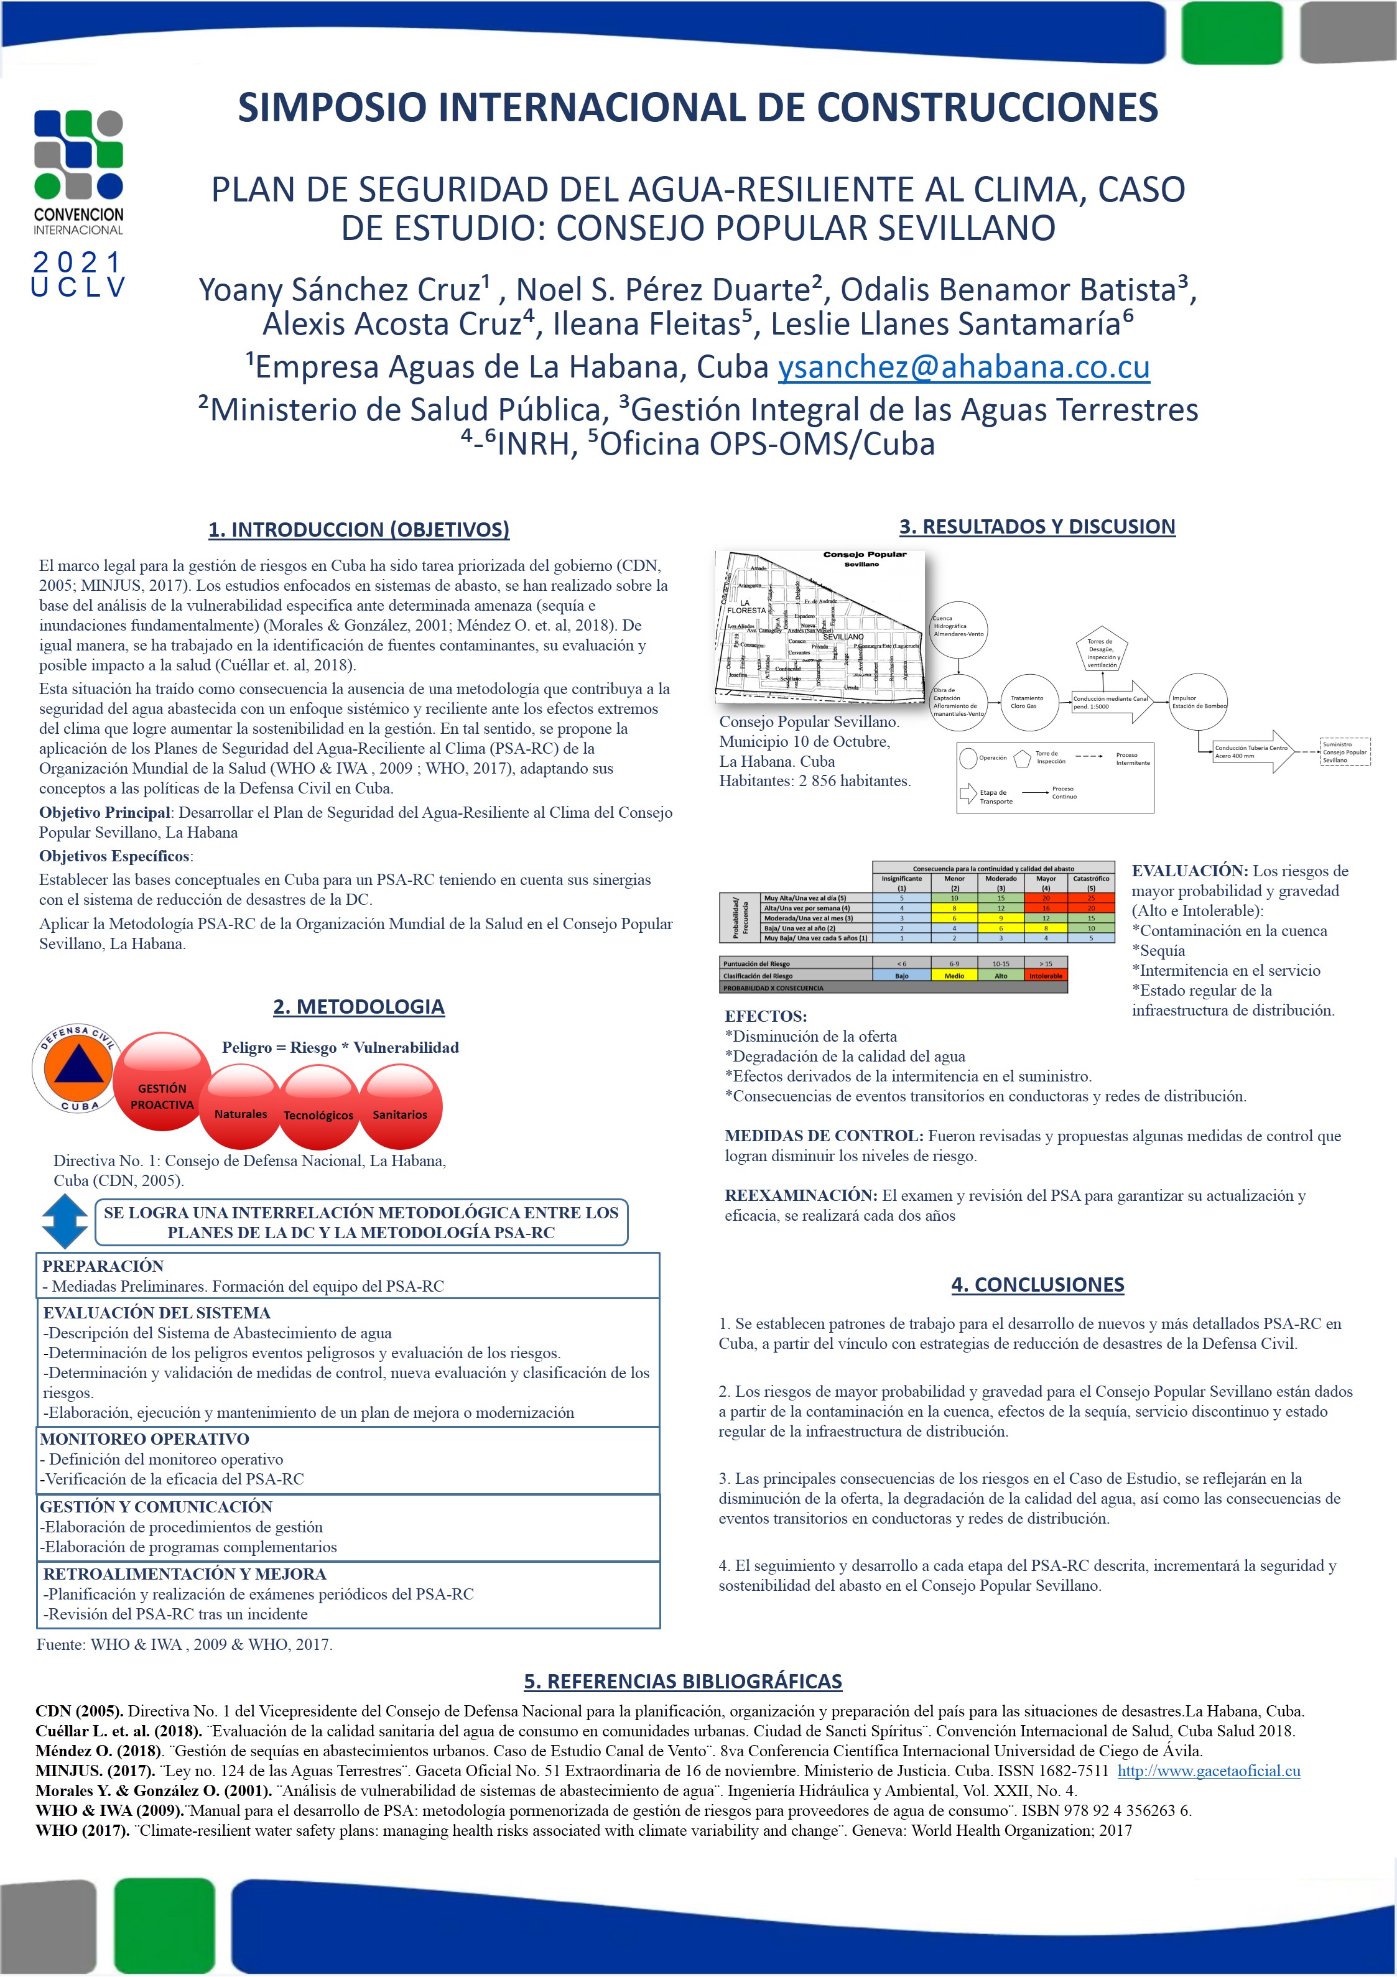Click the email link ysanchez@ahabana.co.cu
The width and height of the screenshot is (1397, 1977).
tap(963, 368)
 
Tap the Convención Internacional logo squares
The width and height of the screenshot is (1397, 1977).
tap(78, 154)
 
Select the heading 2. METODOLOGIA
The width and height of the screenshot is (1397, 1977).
tap(358, 1007)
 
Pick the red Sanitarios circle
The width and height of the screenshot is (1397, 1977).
tap(401, 1108)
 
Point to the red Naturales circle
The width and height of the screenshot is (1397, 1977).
tap(241, 1108)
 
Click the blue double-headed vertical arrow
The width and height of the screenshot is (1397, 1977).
tap(65, 1223)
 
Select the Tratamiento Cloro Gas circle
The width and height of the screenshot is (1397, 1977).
tap(1029, 701)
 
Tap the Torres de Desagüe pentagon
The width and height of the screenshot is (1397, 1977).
tap(1102, 652)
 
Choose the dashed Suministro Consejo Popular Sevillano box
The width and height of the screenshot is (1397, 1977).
tap(1345, 752)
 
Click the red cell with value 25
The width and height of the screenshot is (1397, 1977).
tap(1090, 897)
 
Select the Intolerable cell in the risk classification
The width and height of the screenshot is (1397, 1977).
tap(1046, 976)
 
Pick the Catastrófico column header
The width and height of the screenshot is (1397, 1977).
tap(1090, 882)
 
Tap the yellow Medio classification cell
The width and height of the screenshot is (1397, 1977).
tap(954, 976)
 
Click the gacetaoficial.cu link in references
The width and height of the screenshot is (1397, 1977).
tap(1209, 1771)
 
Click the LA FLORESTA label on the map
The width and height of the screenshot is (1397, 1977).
tap(746, 606)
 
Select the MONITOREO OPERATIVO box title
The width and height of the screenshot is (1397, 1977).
tap(145, 1439)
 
